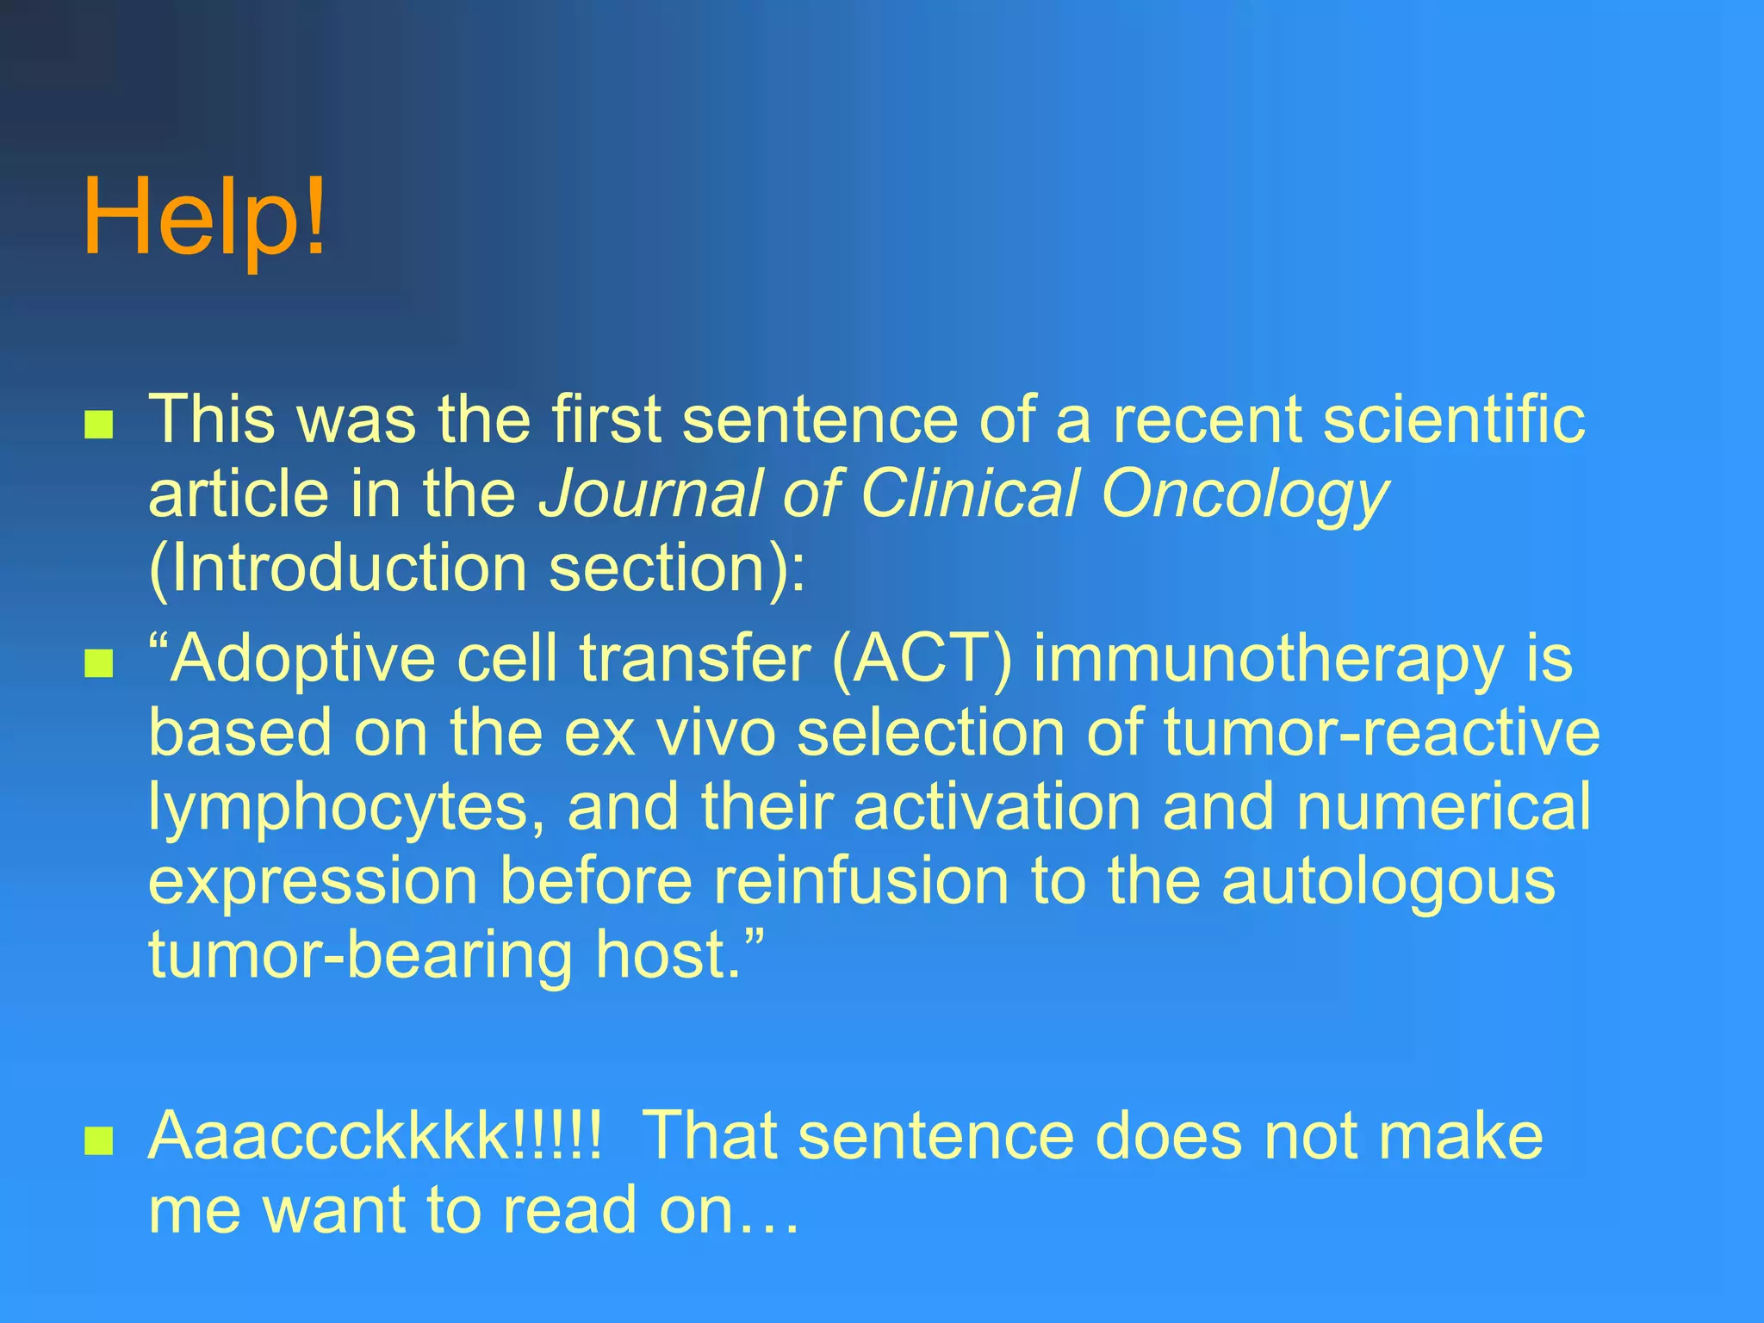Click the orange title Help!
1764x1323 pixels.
[205, 216]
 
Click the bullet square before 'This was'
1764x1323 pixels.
[99, 425]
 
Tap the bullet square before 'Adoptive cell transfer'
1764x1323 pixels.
[99, 664]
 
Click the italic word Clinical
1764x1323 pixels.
[969, 494]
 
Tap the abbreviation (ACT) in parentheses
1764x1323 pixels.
[921, 660]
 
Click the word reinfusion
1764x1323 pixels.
[861, 881]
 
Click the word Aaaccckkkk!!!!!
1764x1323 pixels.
[376, 1136]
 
